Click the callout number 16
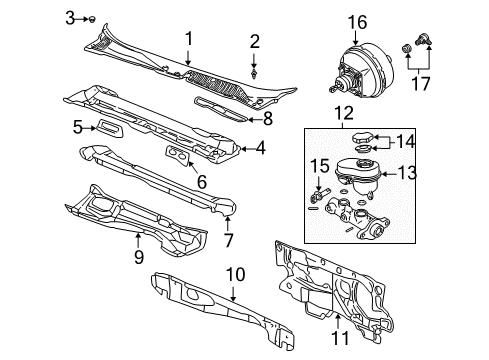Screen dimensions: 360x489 [357, 21]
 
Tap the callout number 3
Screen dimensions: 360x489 [69, 17]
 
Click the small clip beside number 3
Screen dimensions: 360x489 [91, 19]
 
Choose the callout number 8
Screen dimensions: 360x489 [267, 117]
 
